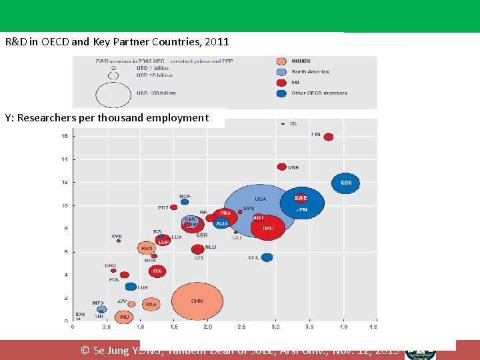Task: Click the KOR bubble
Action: (x=345, y=183)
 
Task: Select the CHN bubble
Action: (x=197, y=301)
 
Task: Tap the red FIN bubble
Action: (x=328, y=137)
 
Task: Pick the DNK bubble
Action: (x=281, y=167)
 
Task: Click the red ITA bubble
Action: (x=157, y=271)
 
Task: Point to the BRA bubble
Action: (x=151, y=304)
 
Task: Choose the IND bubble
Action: (x=124, y=317)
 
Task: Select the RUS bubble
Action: (x=146, y=248)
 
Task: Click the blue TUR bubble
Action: (x=131, y=287)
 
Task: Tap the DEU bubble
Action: (x=268, y=228)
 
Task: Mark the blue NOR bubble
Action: (x=185, y=201)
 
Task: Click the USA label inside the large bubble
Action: (x=260, y=199)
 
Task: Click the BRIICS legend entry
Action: (x=301, y=61)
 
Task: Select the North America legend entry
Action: (x=309, y=71)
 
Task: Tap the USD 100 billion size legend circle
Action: (x=113, y=95)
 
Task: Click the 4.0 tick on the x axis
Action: (x=343, y=327)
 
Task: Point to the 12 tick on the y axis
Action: (x=64, y=183)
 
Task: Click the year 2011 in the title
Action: (x=217, y=41)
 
